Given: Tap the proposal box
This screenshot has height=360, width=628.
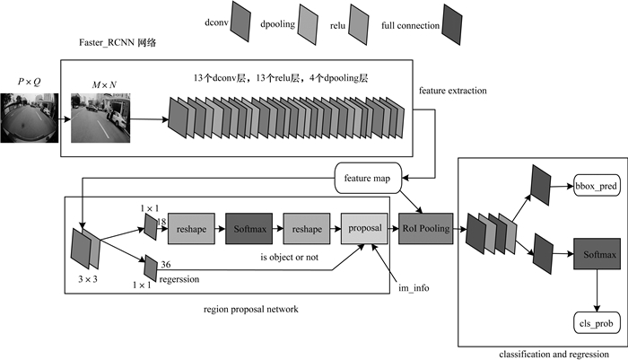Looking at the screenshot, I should [364, 229].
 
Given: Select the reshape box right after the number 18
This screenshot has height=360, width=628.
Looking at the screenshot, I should [191, 229].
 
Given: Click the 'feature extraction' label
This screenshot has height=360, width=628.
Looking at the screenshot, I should [454, 91].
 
